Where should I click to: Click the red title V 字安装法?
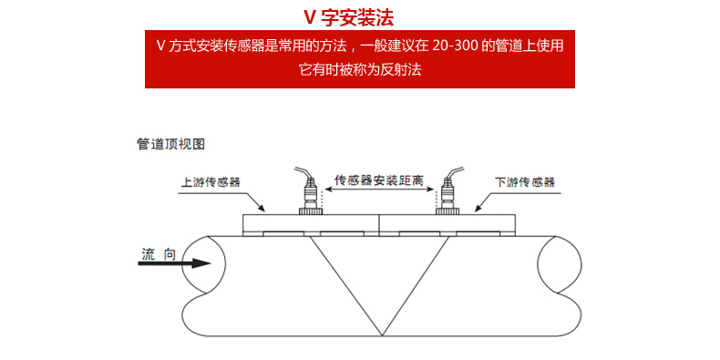[361, 18]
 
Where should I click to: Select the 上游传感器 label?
[211, 181]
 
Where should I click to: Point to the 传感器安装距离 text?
[378, 180]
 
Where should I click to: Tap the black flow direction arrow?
[177, 264]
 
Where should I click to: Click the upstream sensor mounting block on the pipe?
[311, 223]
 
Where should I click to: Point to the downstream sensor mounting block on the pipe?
[447, 223]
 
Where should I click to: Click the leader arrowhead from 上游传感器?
[262, 209]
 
